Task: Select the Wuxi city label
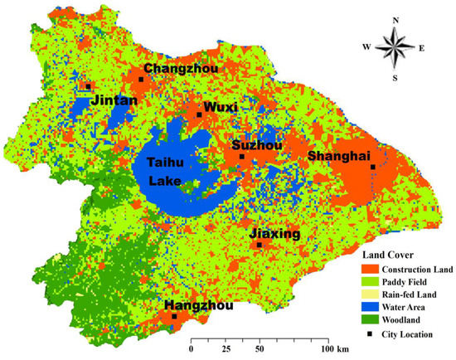click(x=220, y=107)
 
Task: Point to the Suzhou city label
click(x=257, y=146)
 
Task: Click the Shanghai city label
click(x=337, y=156)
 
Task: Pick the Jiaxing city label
click(x=274, y=235)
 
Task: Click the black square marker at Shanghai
click(x=373, y=167)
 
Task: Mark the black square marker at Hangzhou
click(x=174, y=316)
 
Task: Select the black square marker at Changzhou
click(x=141, y=80)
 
